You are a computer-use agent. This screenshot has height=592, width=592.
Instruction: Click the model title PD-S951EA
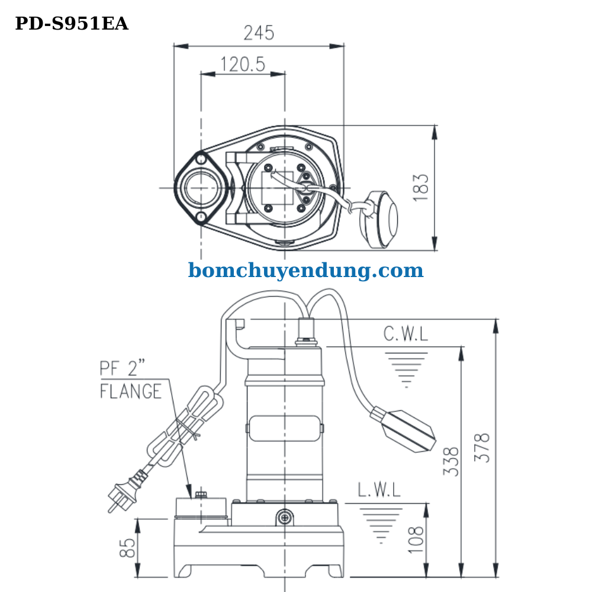point(71,24)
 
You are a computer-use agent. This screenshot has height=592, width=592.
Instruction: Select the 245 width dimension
point(259,33)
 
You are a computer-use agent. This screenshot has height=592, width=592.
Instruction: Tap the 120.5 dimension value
point(243,64)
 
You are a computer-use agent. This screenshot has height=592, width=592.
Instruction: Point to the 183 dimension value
point(420,187)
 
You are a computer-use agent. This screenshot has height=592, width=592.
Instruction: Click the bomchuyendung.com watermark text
point(305,271)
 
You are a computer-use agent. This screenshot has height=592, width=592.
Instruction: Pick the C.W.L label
point(406,334)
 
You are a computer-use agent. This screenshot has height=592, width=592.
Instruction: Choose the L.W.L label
point(379,490)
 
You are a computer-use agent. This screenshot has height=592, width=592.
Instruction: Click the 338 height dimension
point(452,461)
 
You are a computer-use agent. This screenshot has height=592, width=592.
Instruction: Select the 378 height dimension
point(484,448)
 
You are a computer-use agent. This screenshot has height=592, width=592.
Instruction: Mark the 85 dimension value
point(127,548)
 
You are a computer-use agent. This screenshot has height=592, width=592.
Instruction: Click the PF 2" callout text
point(122,369)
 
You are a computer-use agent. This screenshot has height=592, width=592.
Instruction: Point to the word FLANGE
point(130,391)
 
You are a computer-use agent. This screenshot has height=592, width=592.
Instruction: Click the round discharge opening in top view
point(201,188)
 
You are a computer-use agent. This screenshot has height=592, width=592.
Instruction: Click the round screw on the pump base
point(285,518)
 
